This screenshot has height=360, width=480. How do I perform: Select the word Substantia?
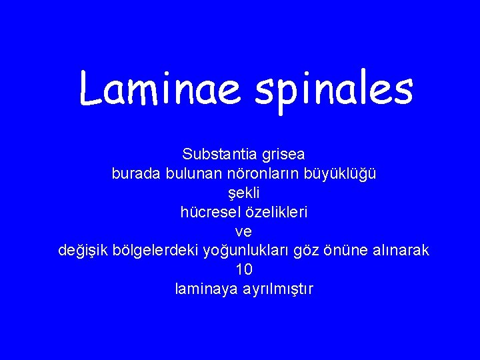[217, 155]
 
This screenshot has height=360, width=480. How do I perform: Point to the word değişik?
[85, 251]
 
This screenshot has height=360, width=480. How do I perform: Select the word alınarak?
[401, 251]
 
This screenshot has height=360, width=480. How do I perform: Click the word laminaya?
[204, 290]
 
